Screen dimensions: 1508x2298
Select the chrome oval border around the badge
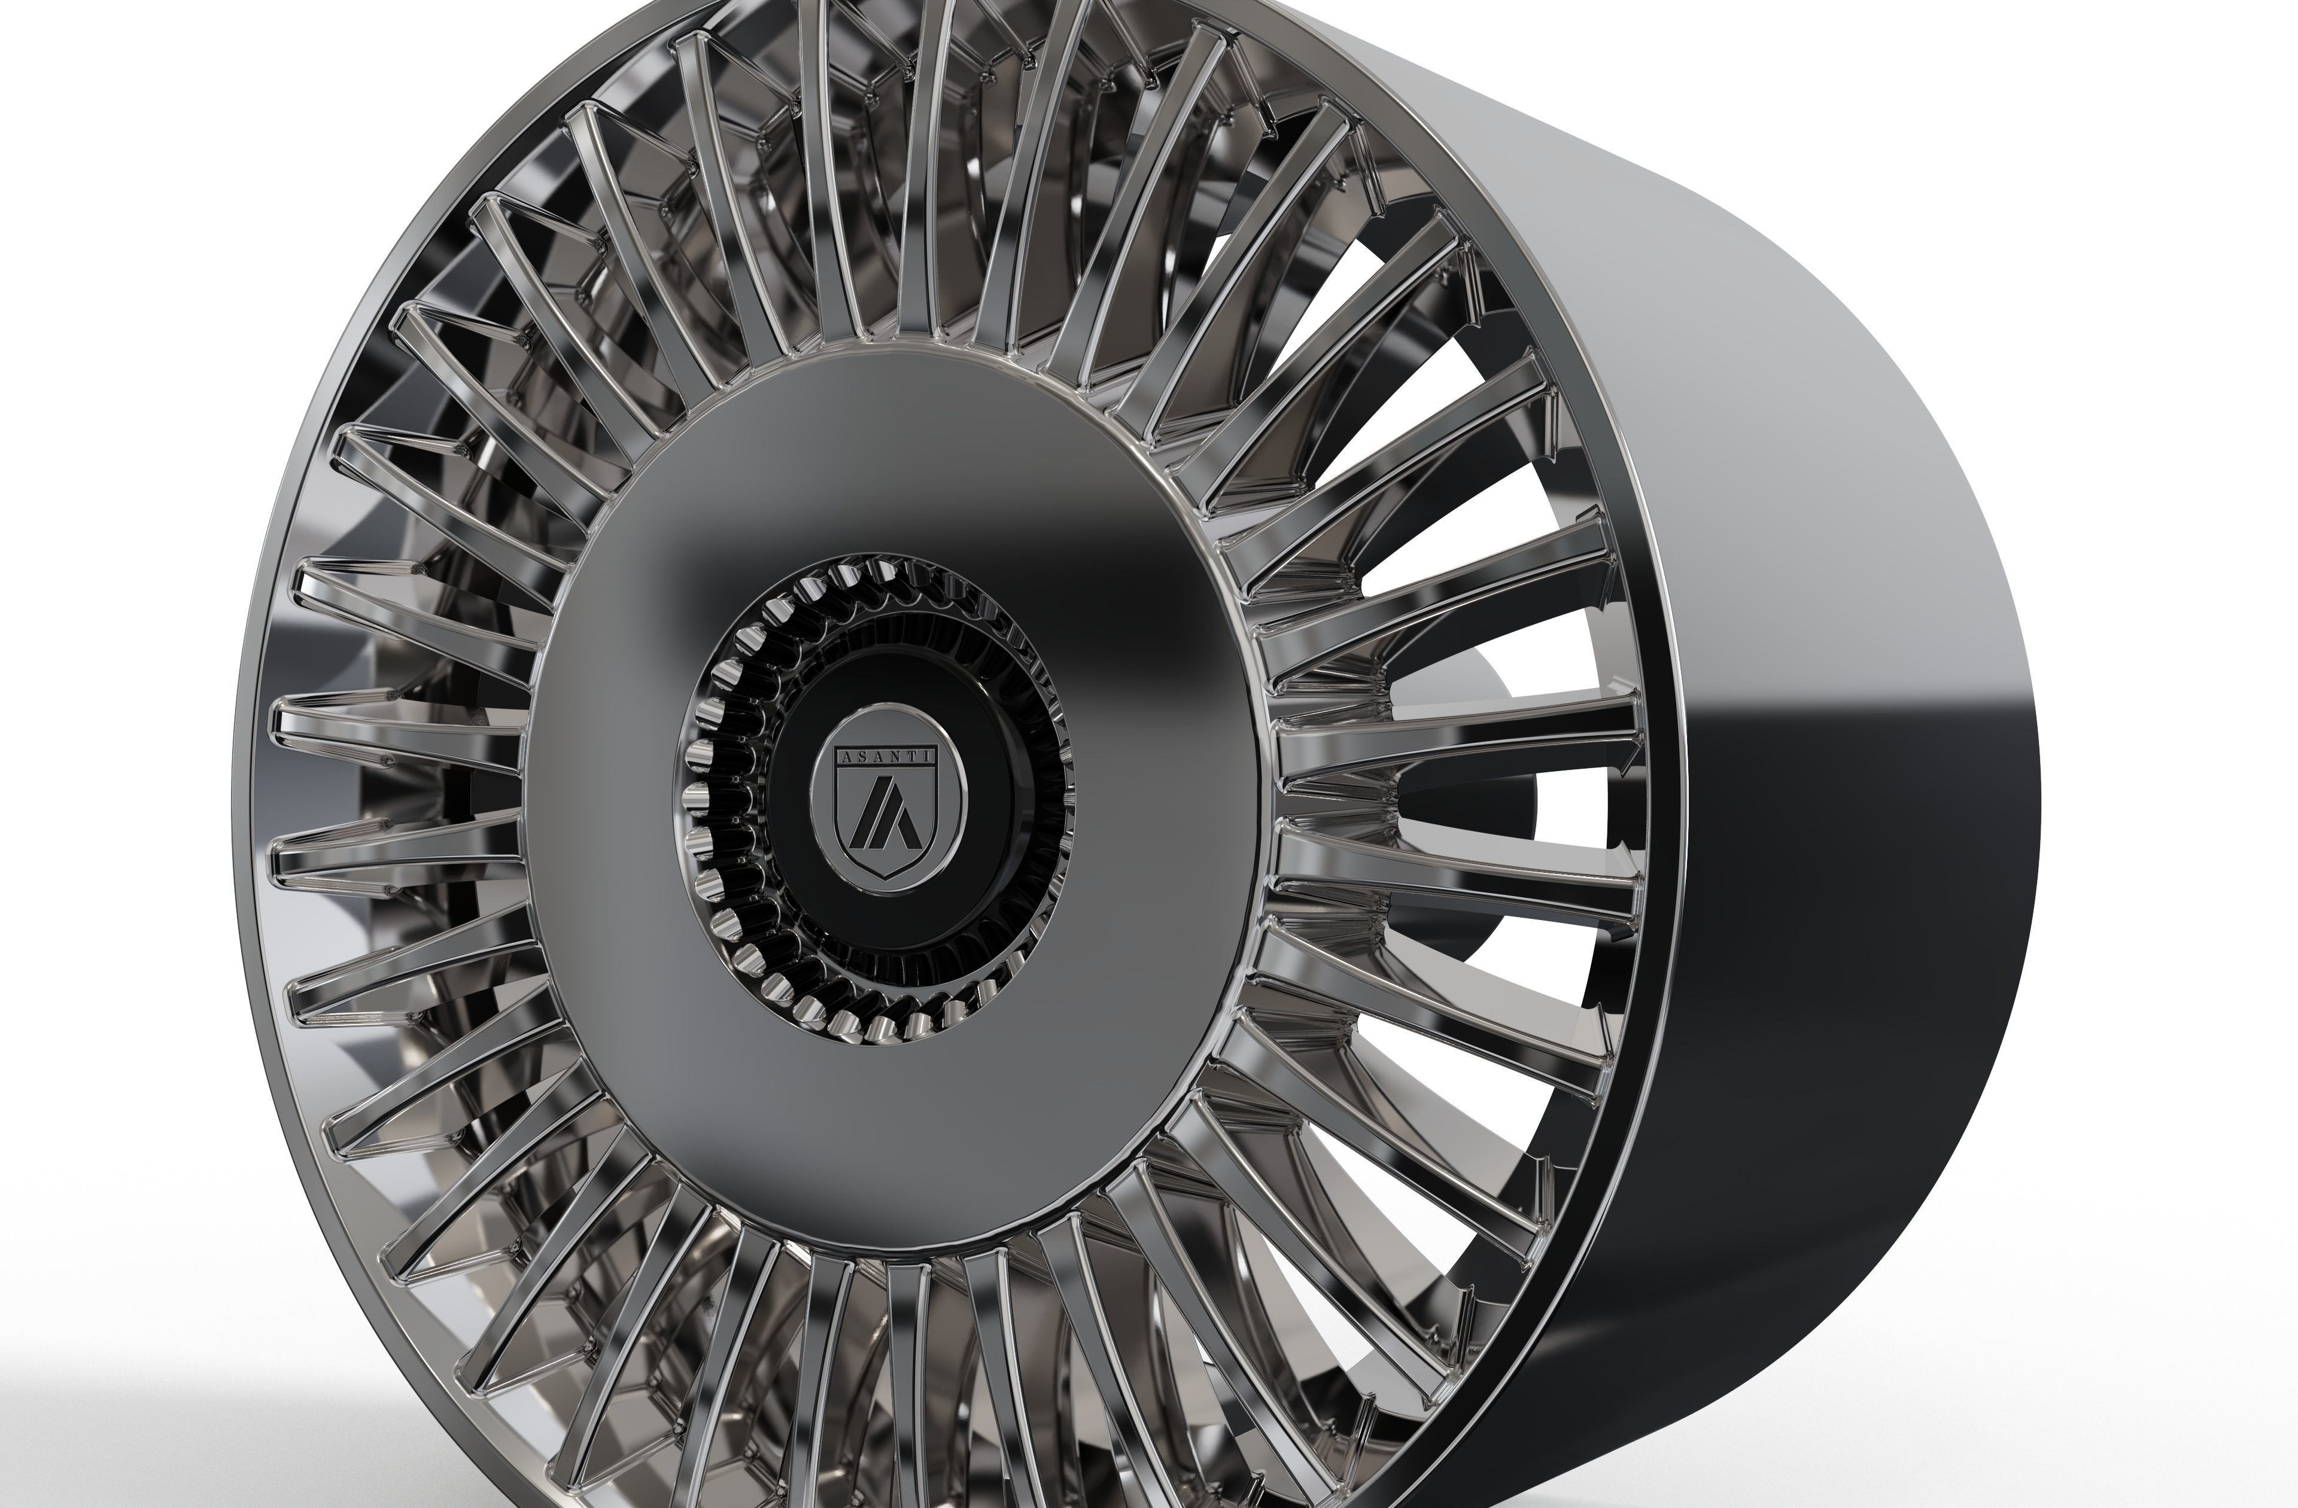click(x=814, y=802)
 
